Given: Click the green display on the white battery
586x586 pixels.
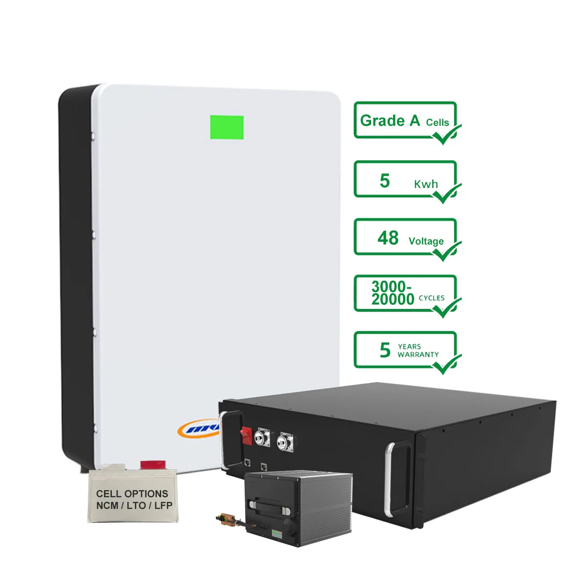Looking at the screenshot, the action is click(227, 127).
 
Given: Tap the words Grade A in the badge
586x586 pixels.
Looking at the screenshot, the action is click(390, 121).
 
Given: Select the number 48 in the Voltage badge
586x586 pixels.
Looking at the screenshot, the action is click(388, 238).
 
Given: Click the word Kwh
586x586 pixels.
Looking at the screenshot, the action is click(426, 184).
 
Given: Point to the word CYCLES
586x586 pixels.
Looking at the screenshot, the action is click(432, 298).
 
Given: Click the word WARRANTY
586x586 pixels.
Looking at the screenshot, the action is click(418, 355).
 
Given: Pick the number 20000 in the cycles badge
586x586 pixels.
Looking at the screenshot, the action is click(393, 299).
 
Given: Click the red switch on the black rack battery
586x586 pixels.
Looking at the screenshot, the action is click(246, 436).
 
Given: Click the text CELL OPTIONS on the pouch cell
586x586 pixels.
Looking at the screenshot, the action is click(132, 494).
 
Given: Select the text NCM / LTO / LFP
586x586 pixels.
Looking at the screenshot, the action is click(134, 505).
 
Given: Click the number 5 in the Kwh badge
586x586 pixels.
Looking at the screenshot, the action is click(385, 181).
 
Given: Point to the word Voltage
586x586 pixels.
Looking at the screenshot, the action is click(426, 241).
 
